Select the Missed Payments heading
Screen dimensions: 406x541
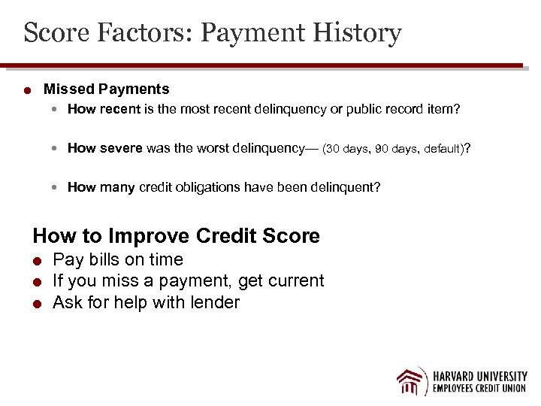107,89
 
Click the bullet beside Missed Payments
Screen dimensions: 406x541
26,91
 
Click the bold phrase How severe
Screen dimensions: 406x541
104,148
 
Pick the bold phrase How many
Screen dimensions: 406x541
101,187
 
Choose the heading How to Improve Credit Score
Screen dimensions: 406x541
176,236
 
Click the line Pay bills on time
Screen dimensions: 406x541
118,260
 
